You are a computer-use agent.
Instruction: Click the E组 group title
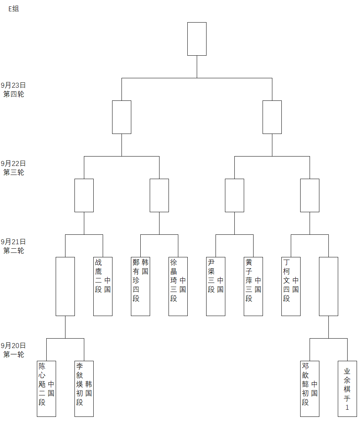[14, 9]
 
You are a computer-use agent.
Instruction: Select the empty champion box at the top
[197, 39]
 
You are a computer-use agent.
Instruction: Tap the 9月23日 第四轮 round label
[14, 90]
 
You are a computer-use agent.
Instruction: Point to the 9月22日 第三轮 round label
[14, 168]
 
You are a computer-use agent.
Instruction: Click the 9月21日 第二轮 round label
[14, 246]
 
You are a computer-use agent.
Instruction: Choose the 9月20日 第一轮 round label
[14, 350]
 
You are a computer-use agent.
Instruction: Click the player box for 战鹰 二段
[103, 286]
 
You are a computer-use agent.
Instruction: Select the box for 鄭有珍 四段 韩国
[140, 286]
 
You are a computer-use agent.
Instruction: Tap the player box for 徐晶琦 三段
[178, 286]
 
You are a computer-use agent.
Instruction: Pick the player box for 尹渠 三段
[216, 286]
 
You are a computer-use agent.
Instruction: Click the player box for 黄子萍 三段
[253, 286]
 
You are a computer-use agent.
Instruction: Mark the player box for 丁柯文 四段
[291, 286]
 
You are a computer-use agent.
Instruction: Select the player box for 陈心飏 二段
[46, 389]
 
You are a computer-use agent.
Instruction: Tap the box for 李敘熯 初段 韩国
[84, 389]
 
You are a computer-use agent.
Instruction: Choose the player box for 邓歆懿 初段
[310, 389]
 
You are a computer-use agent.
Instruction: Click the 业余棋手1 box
[347, 389]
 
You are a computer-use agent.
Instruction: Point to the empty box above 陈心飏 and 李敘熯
[65, 286]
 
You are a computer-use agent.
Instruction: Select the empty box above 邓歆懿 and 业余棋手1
[328, 286]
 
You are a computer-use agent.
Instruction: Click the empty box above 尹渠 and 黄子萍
[234, 195]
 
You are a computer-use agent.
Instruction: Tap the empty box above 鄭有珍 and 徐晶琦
[159, 195]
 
